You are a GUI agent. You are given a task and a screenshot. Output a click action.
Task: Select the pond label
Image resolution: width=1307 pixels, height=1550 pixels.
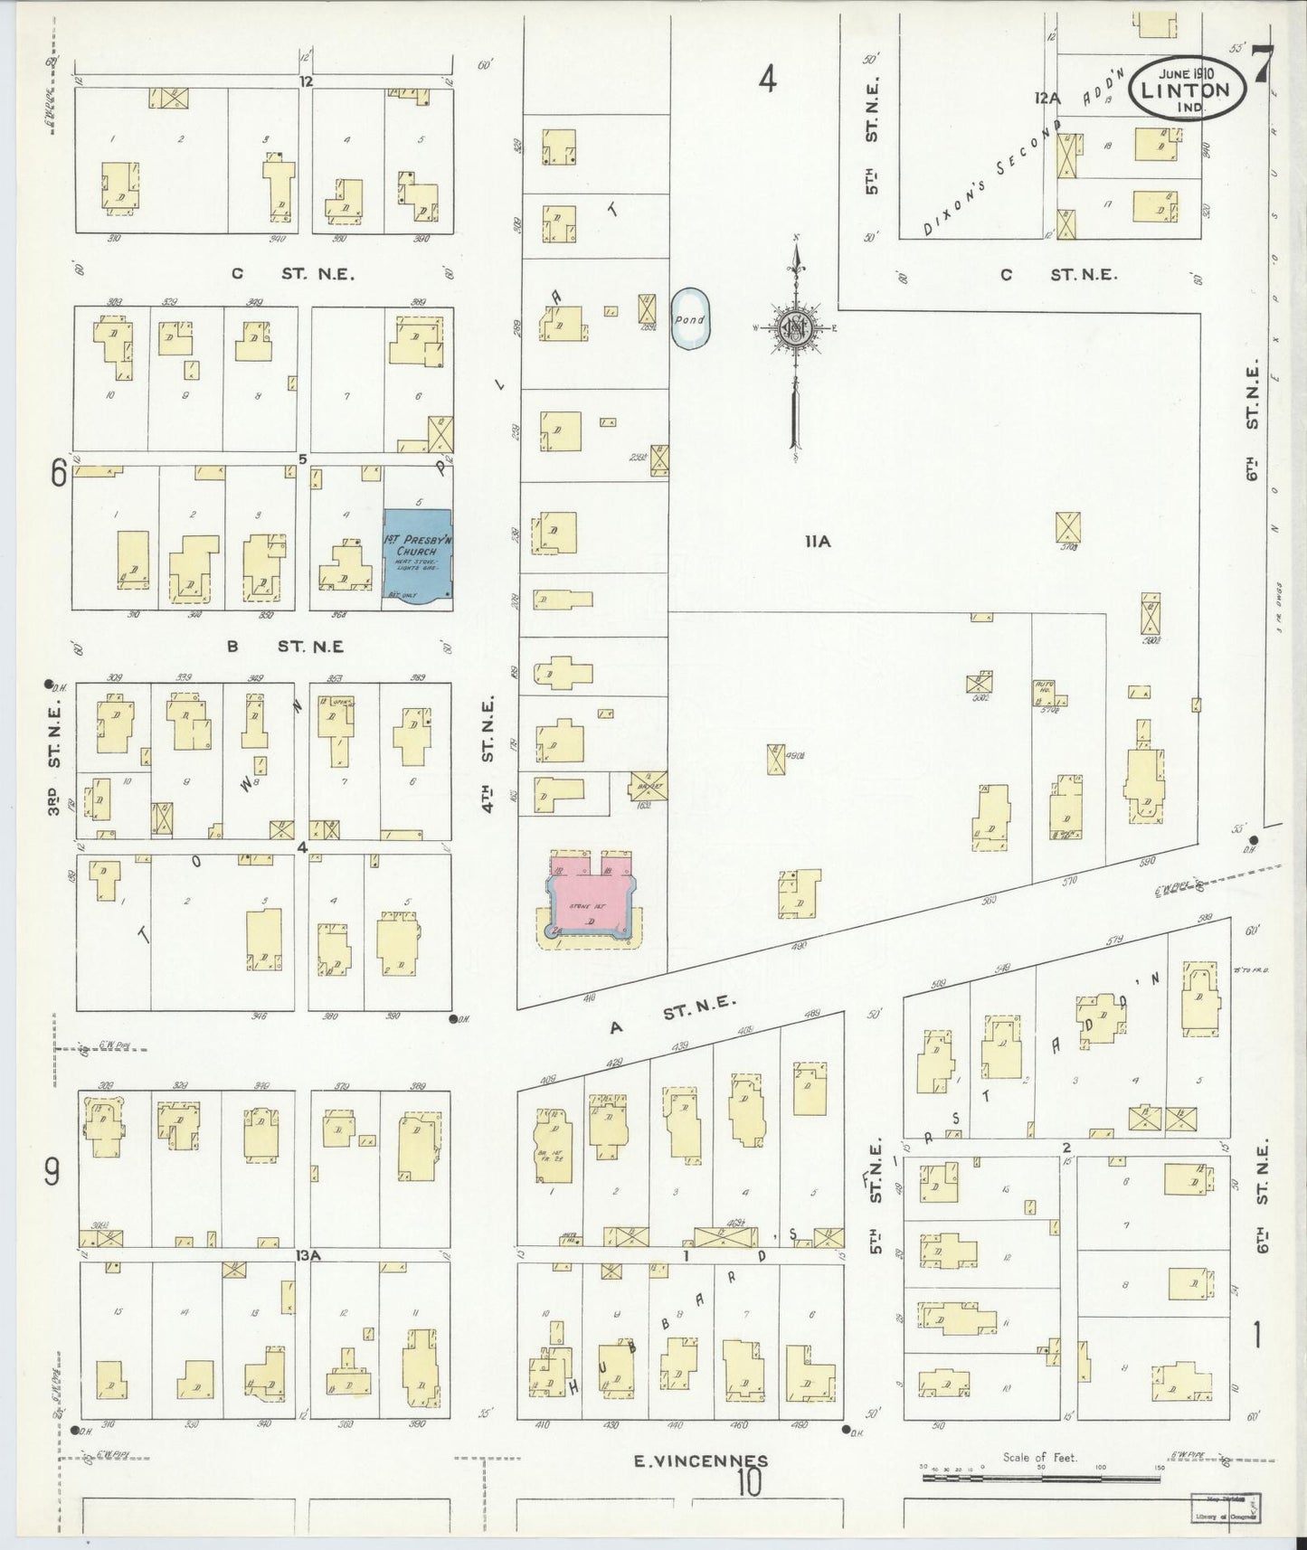tap(689, 319)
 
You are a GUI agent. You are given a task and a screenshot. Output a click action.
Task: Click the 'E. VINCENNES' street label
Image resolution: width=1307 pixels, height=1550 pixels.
tap(701, 1460)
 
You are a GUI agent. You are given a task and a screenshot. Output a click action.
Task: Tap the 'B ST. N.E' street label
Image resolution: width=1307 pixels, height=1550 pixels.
tap(285, 647)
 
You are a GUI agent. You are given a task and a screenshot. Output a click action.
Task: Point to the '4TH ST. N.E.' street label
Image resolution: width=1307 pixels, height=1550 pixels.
tap(488, 752)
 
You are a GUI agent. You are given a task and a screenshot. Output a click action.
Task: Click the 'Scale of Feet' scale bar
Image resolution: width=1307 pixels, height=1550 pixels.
tap(1040, 1479)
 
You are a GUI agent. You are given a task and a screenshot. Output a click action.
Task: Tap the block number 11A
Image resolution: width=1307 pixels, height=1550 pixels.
tap(818, 542)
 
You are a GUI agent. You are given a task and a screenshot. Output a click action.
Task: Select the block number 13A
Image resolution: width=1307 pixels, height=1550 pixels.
tap(308, 1255)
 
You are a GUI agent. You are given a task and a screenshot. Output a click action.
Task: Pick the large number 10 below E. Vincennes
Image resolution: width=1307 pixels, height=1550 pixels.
tap(749, 1482)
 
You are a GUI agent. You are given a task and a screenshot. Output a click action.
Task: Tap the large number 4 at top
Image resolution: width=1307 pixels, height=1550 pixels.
tap(767, 81)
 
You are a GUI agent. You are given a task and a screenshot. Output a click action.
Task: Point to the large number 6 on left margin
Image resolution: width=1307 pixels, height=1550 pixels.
tap(59, 473)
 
